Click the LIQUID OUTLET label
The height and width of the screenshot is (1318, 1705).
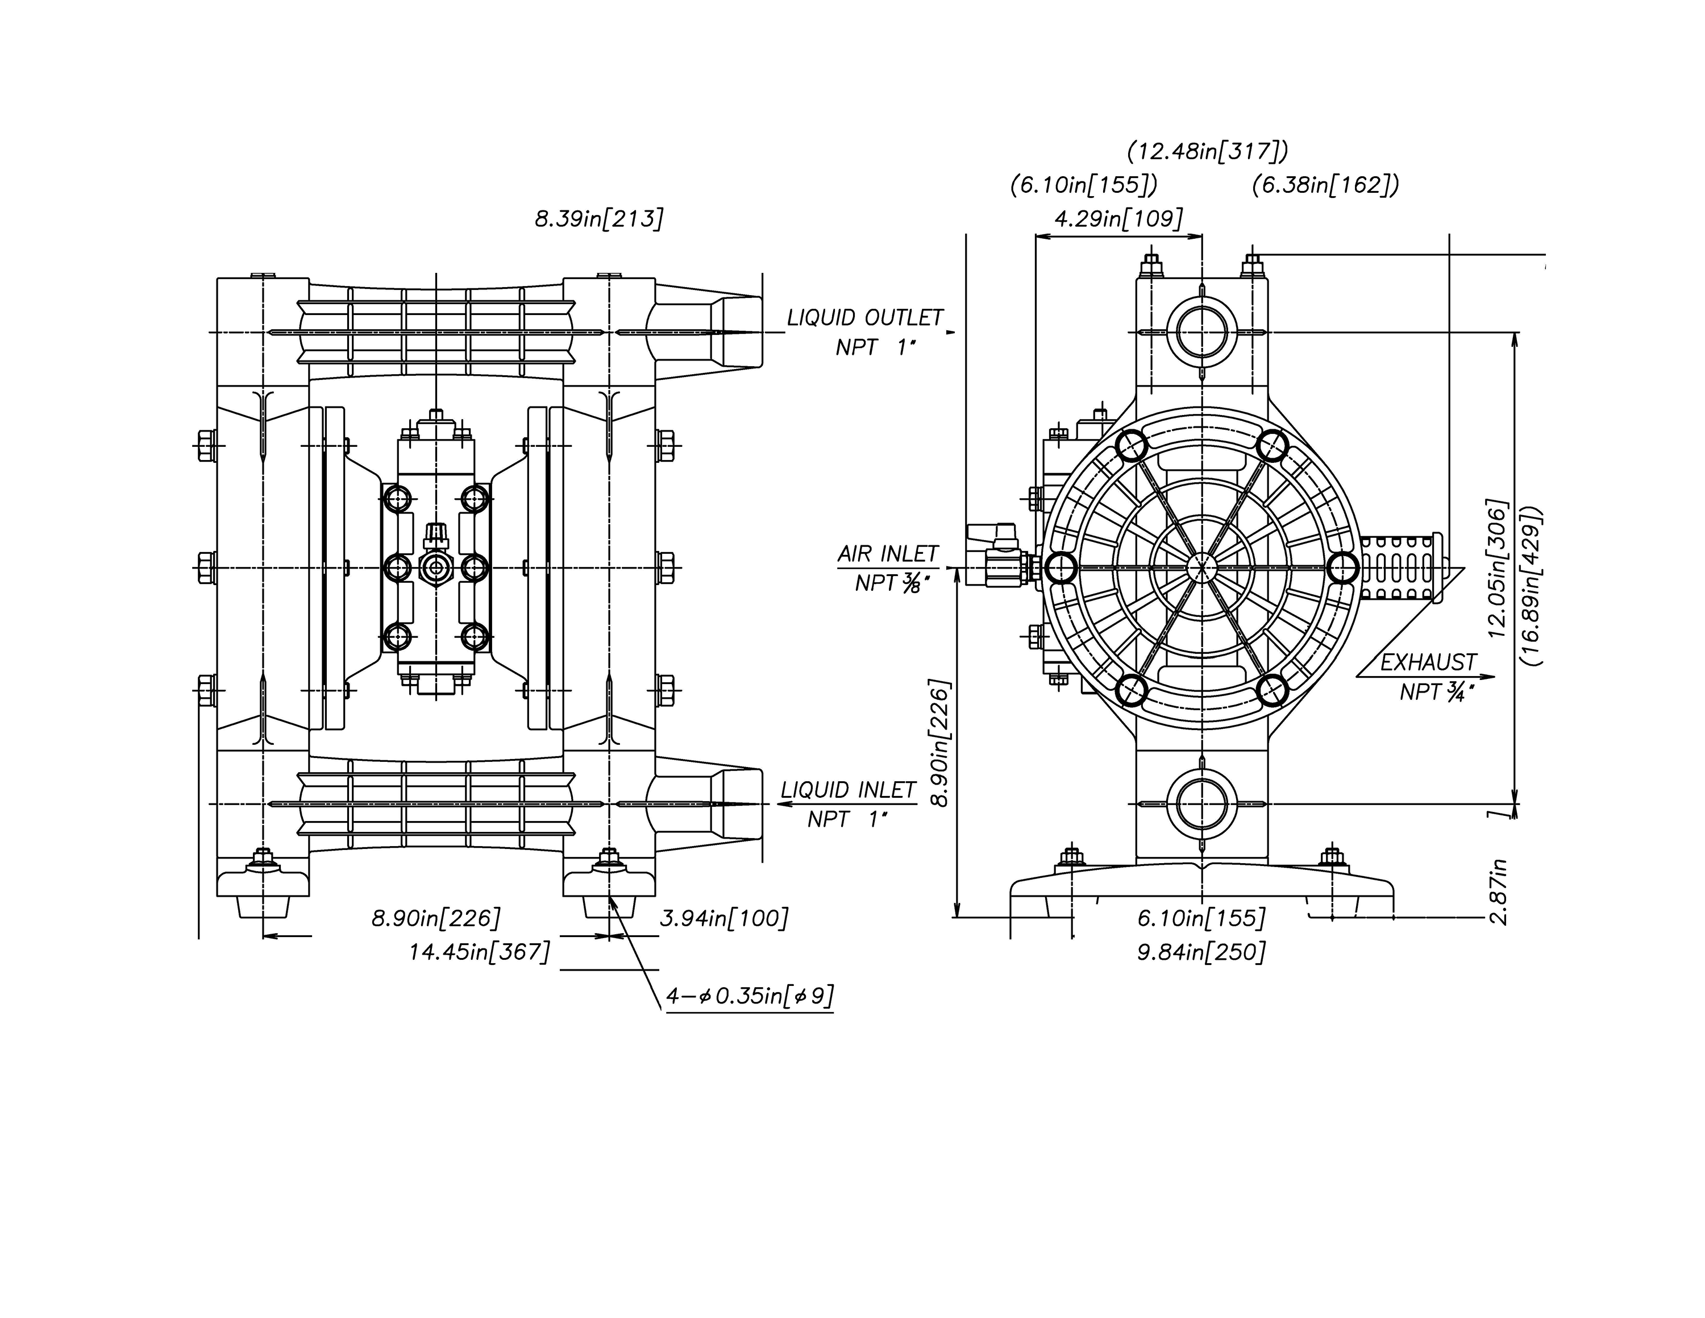pyautogui.click(x=865, y=318)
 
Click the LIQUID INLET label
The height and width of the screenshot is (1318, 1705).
pyautogui.click(x=848, y=790)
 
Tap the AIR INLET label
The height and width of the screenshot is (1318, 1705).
pyautogui.click(x=888, y=554)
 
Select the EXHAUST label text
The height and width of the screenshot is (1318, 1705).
pyautogui.click(x=1428, y=663)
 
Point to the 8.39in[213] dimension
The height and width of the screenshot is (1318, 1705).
pyautogui.click(x=599, y=219)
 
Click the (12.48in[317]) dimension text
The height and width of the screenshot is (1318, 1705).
pyautogui.click(x=1208, y=151)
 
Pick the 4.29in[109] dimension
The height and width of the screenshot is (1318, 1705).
pyautogui.click(x=1118, y=219)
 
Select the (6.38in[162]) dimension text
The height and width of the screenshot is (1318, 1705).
pyautogui.click(x=1325, y=186)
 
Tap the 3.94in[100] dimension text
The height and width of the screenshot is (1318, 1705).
pyautogui.click(x=723, y=918)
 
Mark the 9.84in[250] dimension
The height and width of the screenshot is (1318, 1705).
pyautogui.click(x=1201, y=952)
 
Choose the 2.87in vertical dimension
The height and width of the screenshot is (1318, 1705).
pyautogui.click(x=1498, y=892)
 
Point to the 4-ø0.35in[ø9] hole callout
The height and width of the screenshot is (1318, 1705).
pyautogui.click(x=750, y=996)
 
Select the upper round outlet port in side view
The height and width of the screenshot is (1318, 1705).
pyautogui.click(x=1202, y=333)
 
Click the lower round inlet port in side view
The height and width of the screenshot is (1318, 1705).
pyautogui.click(x=1202, y=804)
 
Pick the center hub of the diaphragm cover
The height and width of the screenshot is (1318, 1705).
pyautogui.click(x=1202, y=567)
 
